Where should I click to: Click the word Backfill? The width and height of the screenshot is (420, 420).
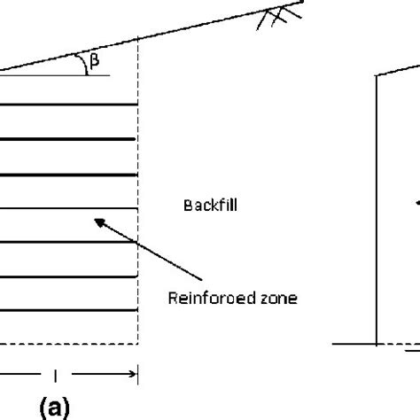[210, 206]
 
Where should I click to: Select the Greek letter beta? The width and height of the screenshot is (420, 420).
[94, 61]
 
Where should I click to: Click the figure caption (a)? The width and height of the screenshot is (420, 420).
[55, 407]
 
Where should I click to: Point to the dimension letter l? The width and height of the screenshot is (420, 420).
[55, 376]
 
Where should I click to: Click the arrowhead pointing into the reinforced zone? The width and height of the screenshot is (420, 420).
[100, 222]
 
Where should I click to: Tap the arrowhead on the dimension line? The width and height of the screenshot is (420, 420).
[132, 374]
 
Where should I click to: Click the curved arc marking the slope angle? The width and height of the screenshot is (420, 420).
[82, 63]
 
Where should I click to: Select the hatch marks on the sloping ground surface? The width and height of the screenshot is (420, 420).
[278, 18]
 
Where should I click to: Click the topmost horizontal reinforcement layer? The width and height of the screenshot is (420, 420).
[69, 105]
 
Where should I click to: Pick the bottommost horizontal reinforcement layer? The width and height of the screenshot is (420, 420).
[69, 310]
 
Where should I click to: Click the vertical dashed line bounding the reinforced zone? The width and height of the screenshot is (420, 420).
[137, 191]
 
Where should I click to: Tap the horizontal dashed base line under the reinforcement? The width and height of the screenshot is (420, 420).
[69, 344]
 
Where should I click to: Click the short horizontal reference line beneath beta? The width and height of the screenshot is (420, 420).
[55, 75]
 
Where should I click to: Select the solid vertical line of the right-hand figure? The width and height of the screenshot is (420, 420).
[377, 210]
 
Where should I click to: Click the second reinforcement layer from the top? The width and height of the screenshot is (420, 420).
[67, 139]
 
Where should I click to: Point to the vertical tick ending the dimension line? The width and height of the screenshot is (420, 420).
[137, 375]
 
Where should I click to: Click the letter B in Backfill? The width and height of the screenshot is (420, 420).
[187, 206]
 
